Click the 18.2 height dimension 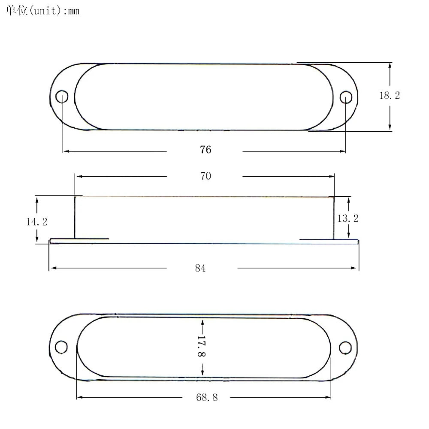(390, 96)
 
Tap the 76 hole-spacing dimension (205, 150)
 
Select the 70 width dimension (205, 176)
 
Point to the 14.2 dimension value (36, 222)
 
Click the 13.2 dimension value (348, 218)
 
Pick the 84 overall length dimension (200, 268)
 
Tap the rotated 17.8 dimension (201, 346)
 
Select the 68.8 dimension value (207, 397)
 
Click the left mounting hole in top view (61, 97)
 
